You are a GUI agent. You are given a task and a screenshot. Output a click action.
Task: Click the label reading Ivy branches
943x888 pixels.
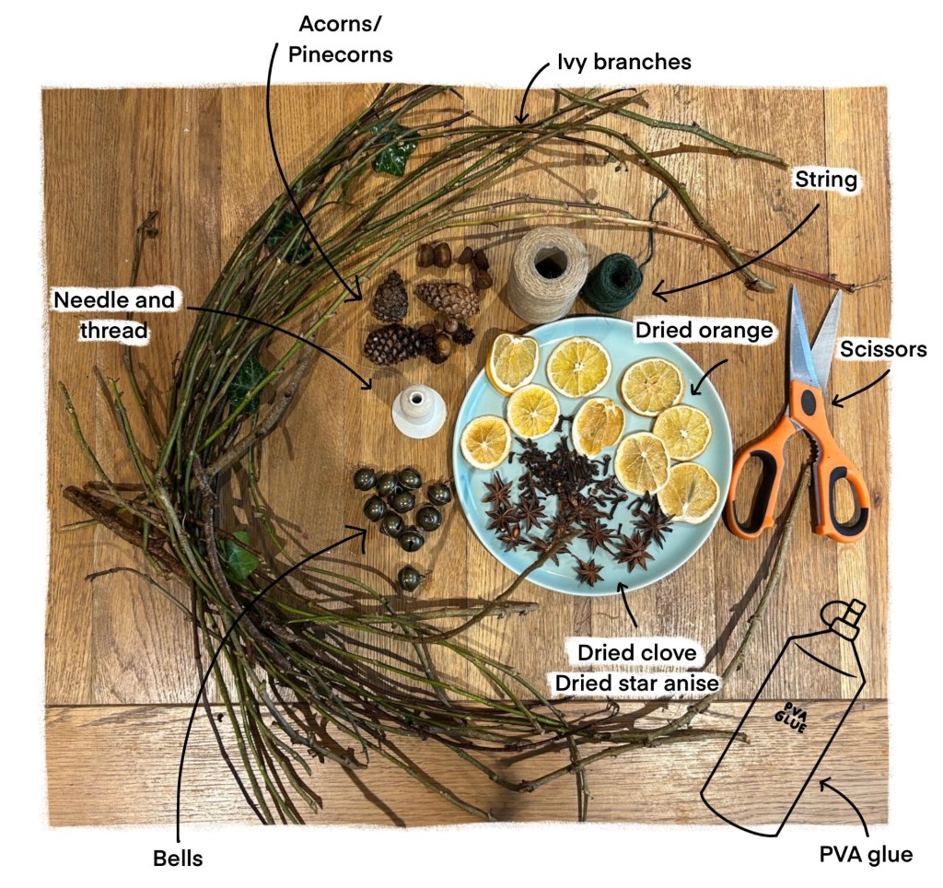[623, 63]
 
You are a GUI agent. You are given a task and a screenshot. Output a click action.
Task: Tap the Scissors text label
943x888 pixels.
[883, 350]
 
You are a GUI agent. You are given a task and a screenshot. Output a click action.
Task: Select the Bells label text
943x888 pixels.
[177, 859]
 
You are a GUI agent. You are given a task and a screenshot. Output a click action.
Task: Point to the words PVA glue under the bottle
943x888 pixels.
[866, 854]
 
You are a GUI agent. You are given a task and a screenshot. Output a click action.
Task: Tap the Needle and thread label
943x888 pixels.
[114, 314]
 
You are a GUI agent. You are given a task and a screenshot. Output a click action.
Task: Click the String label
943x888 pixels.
[825, 180]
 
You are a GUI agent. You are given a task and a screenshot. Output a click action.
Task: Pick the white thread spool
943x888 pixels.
[419, 410]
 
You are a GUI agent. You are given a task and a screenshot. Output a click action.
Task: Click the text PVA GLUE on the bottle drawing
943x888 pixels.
[786, 717]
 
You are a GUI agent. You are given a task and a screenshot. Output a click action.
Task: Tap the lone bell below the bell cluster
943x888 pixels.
[411, 578]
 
